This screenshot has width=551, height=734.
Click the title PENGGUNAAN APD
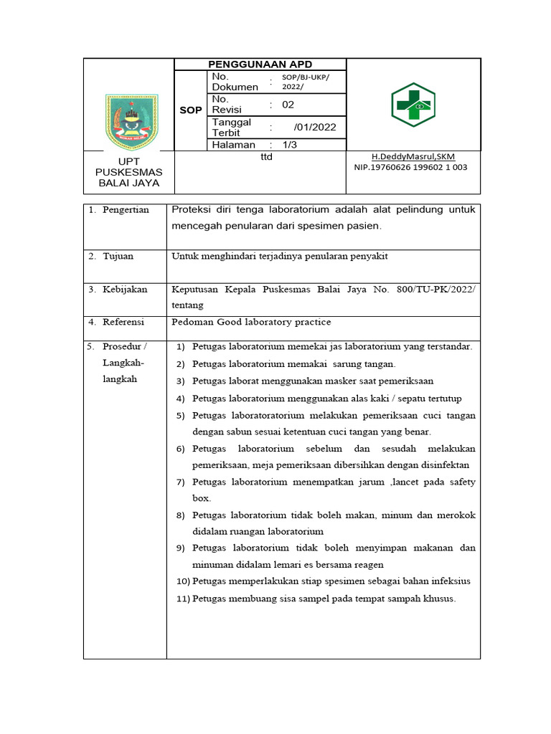point(260,65)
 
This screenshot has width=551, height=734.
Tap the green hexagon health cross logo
point(413,105)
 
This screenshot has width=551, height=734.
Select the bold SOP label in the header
point(191,110)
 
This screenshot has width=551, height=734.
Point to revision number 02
point(288,104)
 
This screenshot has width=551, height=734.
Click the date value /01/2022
point(314,128)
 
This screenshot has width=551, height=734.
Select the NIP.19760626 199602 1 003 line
point(411,167)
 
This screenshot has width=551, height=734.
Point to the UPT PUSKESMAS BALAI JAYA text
point(129,172)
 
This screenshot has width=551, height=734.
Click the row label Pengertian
point(126,210)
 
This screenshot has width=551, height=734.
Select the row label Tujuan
point(118,256)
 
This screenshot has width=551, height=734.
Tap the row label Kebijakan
point(125,290)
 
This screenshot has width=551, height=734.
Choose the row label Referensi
point(123,323)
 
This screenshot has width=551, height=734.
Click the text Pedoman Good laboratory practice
point(251,323)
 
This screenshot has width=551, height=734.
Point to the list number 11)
point(182,599)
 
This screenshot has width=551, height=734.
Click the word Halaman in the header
point(234,145)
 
